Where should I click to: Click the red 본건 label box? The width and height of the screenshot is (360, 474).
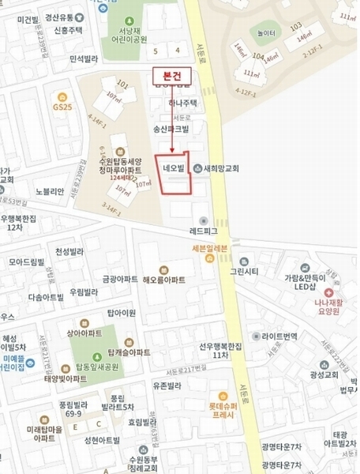pyautogui.click(x=171, y=74)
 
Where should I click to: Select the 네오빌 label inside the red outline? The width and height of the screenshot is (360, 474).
pyautogui.click(x=173, y=167)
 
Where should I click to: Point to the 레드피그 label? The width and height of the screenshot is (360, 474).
pyautogui.click(x=203, y=231)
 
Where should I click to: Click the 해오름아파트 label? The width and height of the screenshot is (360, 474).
pyautogui.click(x=164, y=280)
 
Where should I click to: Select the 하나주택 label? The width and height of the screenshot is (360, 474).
pyautogui.click(x=183, y=103)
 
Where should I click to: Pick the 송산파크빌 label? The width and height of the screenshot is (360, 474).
pyautogui.click(x=171, y=128)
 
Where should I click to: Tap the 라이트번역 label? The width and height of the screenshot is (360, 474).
pyautogui.click(x=285, y=314)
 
